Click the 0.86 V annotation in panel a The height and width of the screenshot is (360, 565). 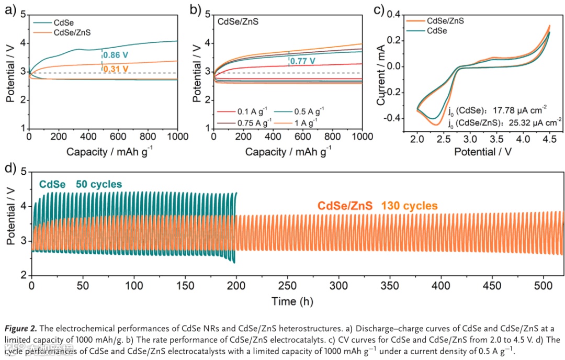(115, 54)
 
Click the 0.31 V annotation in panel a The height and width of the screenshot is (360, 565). (115, 68)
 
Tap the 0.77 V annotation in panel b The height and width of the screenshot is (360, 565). (302, 61)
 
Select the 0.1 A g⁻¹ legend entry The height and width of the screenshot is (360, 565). (249, 111)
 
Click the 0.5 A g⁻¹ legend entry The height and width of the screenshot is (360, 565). (309, 111)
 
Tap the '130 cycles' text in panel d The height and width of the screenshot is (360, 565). (409, 206)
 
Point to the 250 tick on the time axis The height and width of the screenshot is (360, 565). (288, 287)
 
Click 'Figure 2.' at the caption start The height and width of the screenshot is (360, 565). (21, 328)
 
